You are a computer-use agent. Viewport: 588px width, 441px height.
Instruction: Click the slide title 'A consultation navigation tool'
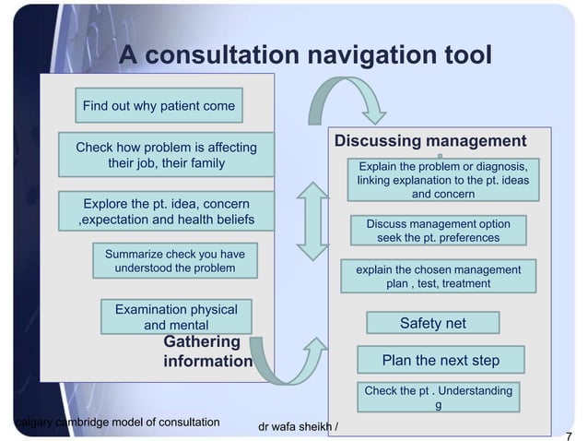coord(304,56)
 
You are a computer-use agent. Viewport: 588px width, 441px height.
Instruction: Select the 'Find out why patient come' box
coord(159,106)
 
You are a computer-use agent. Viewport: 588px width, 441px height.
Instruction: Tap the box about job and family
coord(166,156)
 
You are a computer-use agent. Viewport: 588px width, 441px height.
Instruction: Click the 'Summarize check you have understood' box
coord(174,261)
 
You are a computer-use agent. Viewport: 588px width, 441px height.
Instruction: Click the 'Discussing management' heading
coord(429,140)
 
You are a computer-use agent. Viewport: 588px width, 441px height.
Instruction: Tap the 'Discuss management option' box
coord(438,231)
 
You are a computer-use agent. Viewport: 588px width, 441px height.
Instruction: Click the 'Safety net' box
coord(432,323)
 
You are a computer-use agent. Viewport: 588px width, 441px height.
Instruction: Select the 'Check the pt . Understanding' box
coord(438,398)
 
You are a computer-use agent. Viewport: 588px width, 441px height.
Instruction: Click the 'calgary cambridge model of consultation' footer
coord(118,423)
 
